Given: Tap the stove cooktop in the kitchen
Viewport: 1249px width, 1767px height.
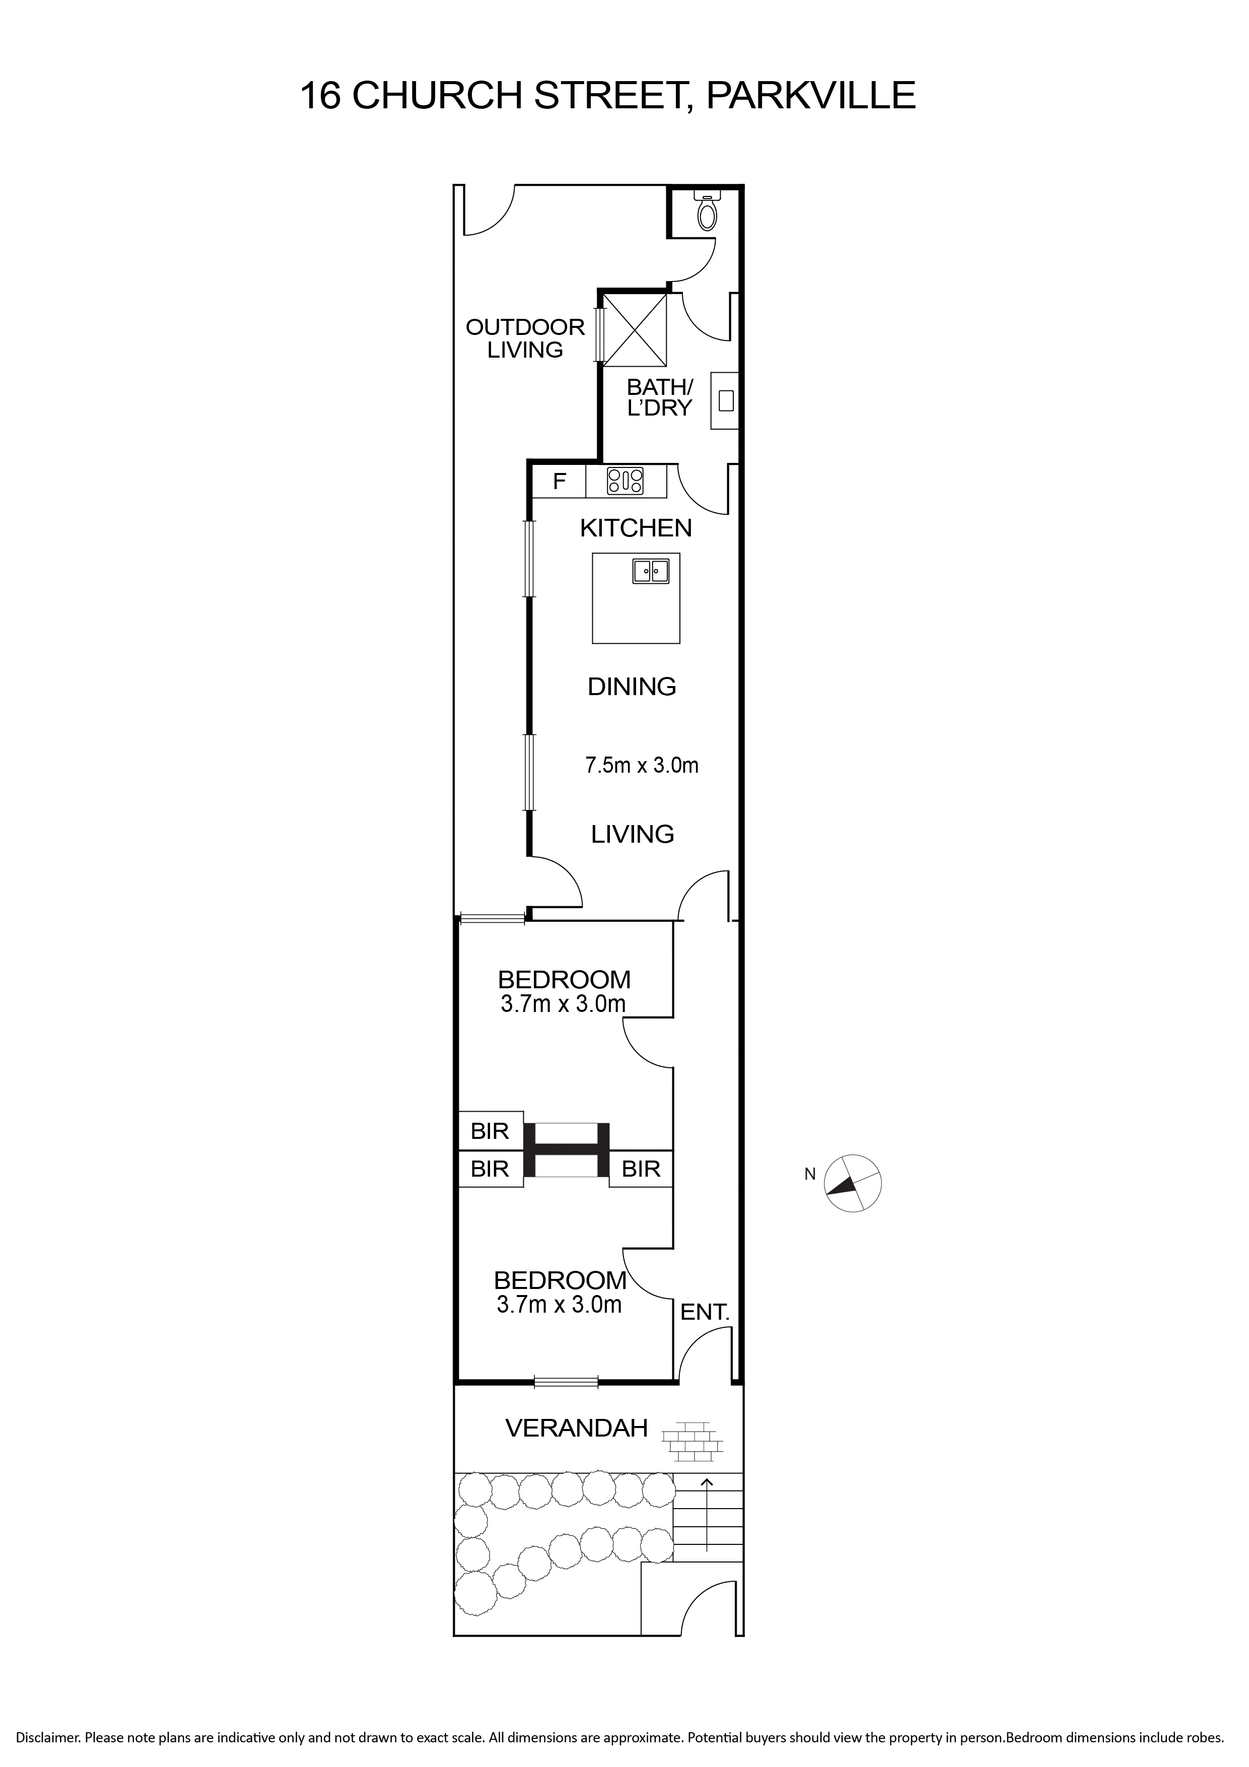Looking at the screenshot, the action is click(625, 481).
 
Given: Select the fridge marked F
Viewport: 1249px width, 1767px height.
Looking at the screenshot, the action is click(560, 482).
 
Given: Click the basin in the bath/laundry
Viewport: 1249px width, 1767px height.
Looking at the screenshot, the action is click(724, 400).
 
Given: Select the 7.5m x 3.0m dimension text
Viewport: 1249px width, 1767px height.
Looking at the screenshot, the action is click(642, 765).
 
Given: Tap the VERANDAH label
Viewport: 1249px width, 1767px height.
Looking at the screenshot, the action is click(576, 1429).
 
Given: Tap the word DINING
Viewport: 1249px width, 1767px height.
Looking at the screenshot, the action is click(632, 687).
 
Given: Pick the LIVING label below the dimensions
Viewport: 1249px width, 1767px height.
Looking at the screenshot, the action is click(633, 834).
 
